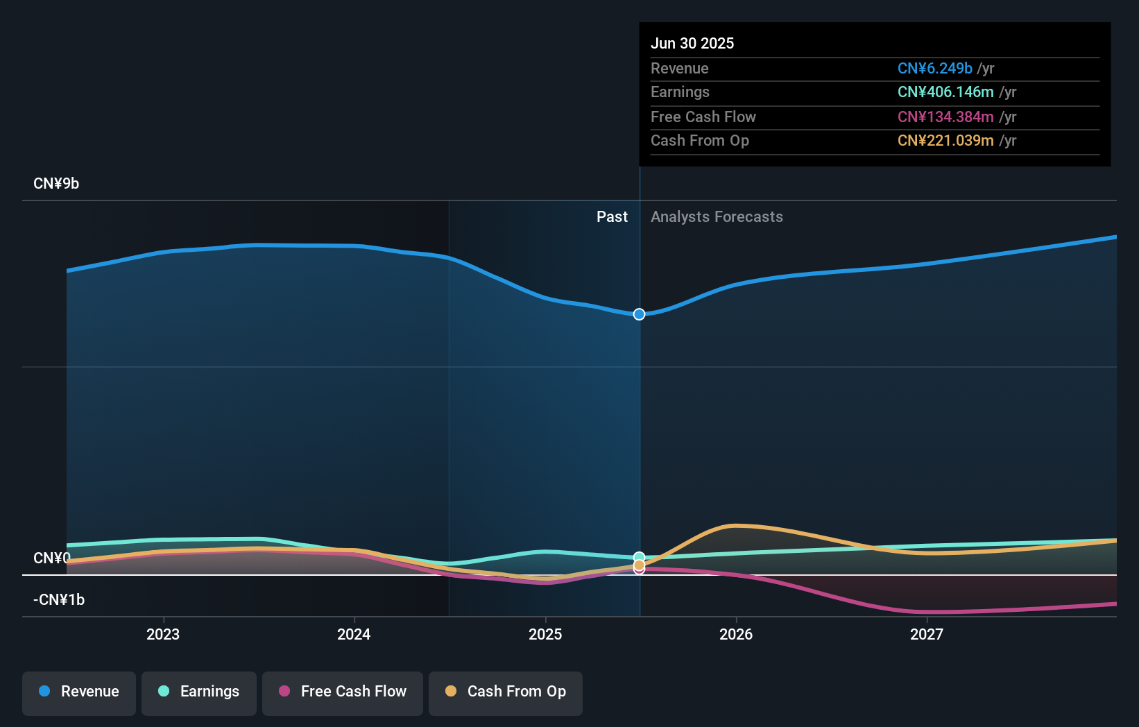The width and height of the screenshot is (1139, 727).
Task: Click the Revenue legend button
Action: point(79,692)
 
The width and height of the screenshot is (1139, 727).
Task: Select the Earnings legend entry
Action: point(199,692)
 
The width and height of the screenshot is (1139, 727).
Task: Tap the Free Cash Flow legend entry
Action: point(343,692)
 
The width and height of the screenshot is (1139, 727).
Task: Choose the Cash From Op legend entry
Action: point(506,692)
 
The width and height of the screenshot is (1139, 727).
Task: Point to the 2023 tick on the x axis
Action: point(163,634)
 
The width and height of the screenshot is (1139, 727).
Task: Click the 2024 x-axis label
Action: point(354,634)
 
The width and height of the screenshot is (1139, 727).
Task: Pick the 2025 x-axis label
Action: point(545,634)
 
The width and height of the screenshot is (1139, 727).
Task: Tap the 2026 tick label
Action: point(736,634)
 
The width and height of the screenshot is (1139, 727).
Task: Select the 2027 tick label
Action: point(927,634)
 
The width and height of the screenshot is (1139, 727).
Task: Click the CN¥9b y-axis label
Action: point(56,184)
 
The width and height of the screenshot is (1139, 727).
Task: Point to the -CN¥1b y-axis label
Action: point(59,600)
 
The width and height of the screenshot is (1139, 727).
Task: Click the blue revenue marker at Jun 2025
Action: point(639,314)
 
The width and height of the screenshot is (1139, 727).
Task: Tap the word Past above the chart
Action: point(612,217)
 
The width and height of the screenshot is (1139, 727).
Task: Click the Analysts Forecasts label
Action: point(717,217)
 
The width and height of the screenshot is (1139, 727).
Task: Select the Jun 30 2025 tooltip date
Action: point(692,43)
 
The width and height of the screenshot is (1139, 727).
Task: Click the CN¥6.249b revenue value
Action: point(934,69)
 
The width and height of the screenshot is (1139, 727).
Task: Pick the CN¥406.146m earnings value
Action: point(945,92)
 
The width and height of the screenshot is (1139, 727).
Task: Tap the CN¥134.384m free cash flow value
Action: point(945,117)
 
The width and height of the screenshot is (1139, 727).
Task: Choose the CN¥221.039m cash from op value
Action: point(945,141)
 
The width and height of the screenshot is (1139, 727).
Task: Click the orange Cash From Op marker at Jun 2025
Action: point(639,565)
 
